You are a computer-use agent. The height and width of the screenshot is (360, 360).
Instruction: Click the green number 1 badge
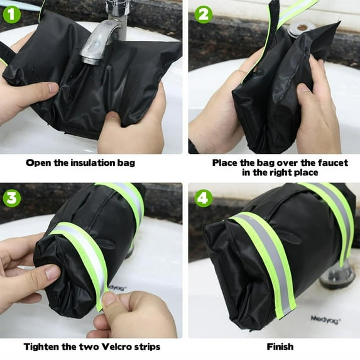[x=11, y=12]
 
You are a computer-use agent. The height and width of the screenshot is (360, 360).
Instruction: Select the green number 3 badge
[x=11, y=197]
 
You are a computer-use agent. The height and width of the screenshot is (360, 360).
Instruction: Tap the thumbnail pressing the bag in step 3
[x=52, y=272]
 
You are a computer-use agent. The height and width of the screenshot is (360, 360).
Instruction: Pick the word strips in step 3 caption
[x=148, y=346]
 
